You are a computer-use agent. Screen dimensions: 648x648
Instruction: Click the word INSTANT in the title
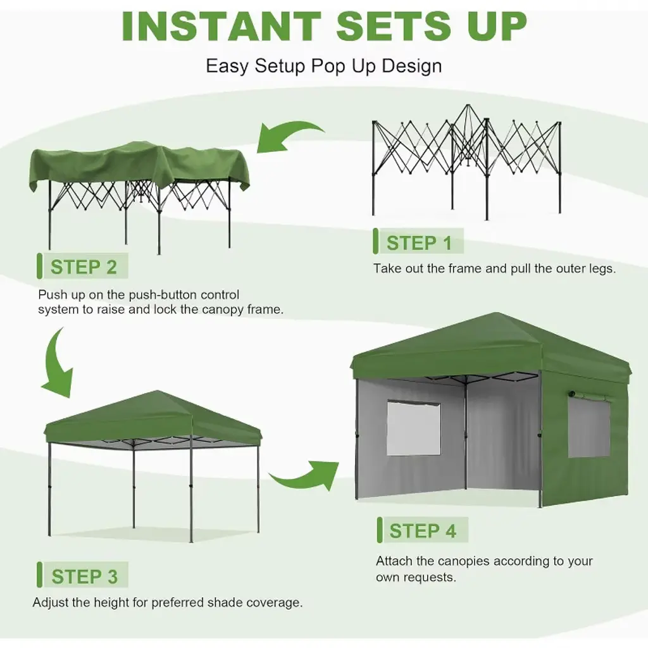[222, 26]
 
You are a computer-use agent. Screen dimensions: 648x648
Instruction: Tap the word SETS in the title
[394, 26]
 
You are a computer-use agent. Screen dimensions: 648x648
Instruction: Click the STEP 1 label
[419, 242]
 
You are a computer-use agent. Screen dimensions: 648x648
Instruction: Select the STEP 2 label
[84, 267]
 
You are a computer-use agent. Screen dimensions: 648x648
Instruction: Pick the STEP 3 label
[84, 576]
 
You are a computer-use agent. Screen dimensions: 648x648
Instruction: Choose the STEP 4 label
[423, 531]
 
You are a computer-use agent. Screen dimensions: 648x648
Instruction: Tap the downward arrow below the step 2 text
[56, 364]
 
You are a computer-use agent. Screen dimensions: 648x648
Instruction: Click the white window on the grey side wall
[413, 428]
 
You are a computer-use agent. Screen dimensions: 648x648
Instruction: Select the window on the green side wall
[589, 427]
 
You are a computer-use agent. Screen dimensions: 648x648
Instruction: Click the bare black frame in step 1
[466, 161]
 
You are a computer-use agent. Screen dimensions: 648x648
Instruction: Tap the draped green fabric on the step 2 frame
[140, 165]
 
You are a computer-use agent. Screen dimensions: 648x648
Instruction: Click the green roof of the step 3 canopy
[154, 418]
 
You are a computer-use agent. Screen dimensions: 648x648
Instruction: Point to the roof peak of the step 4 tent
[496, 314]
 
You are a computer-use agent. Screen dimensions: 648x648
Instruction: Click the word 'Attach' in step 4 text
[394, 561]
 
